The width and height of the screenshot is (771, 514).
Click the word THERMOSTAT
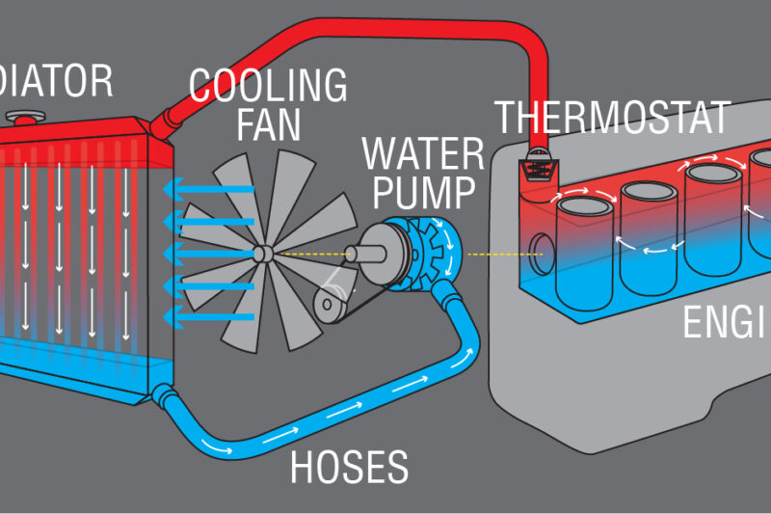click(612, 118)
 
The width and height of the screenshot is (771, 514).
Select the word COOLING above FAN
click(267, 87)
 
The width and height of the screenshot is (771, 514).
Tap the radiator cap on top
click(20, 117)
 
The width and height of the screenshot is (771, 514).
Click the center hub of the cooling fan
click(263, 255)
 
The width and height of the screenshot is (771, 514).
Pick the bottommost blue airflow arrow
click(207, 317)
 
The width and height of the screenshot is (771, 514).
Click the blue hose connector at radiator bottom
click(162, 392)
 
